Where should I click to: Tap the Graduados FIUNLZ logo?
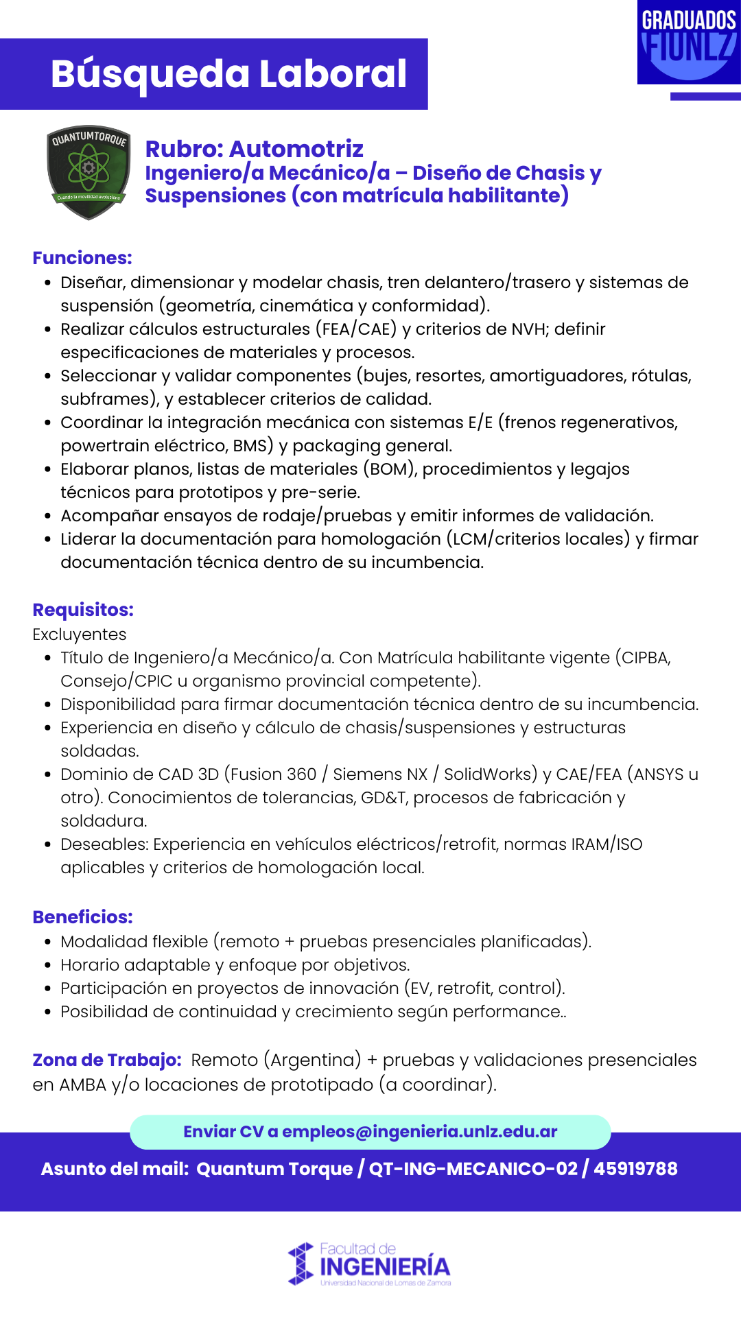(689, 43)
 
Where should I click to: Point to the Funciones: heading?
(82, 258)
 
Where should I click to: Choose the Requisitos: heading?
(83, 610)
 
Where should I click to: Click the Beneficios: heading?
(82, 917)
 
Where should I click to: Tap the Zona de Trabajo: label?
(107, 1060)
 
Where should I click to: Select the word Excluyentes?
(80, 634)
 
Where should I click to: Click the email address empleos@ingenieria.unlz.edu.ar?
(419, 1132)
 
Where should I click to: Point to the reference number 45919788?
(635, 1169)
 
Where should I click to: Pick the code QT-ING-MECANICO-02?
(473, 1169)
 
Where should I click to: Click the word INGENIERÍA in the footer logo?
(385, 1267)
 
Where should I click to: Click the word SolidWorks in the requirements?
(491, 774)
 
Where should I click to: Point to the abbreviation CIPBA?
(646, 658)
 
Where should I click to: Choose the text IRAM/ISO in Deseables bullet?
(607, 844)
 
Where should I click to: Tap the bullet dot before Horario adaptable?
(47, 965)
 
